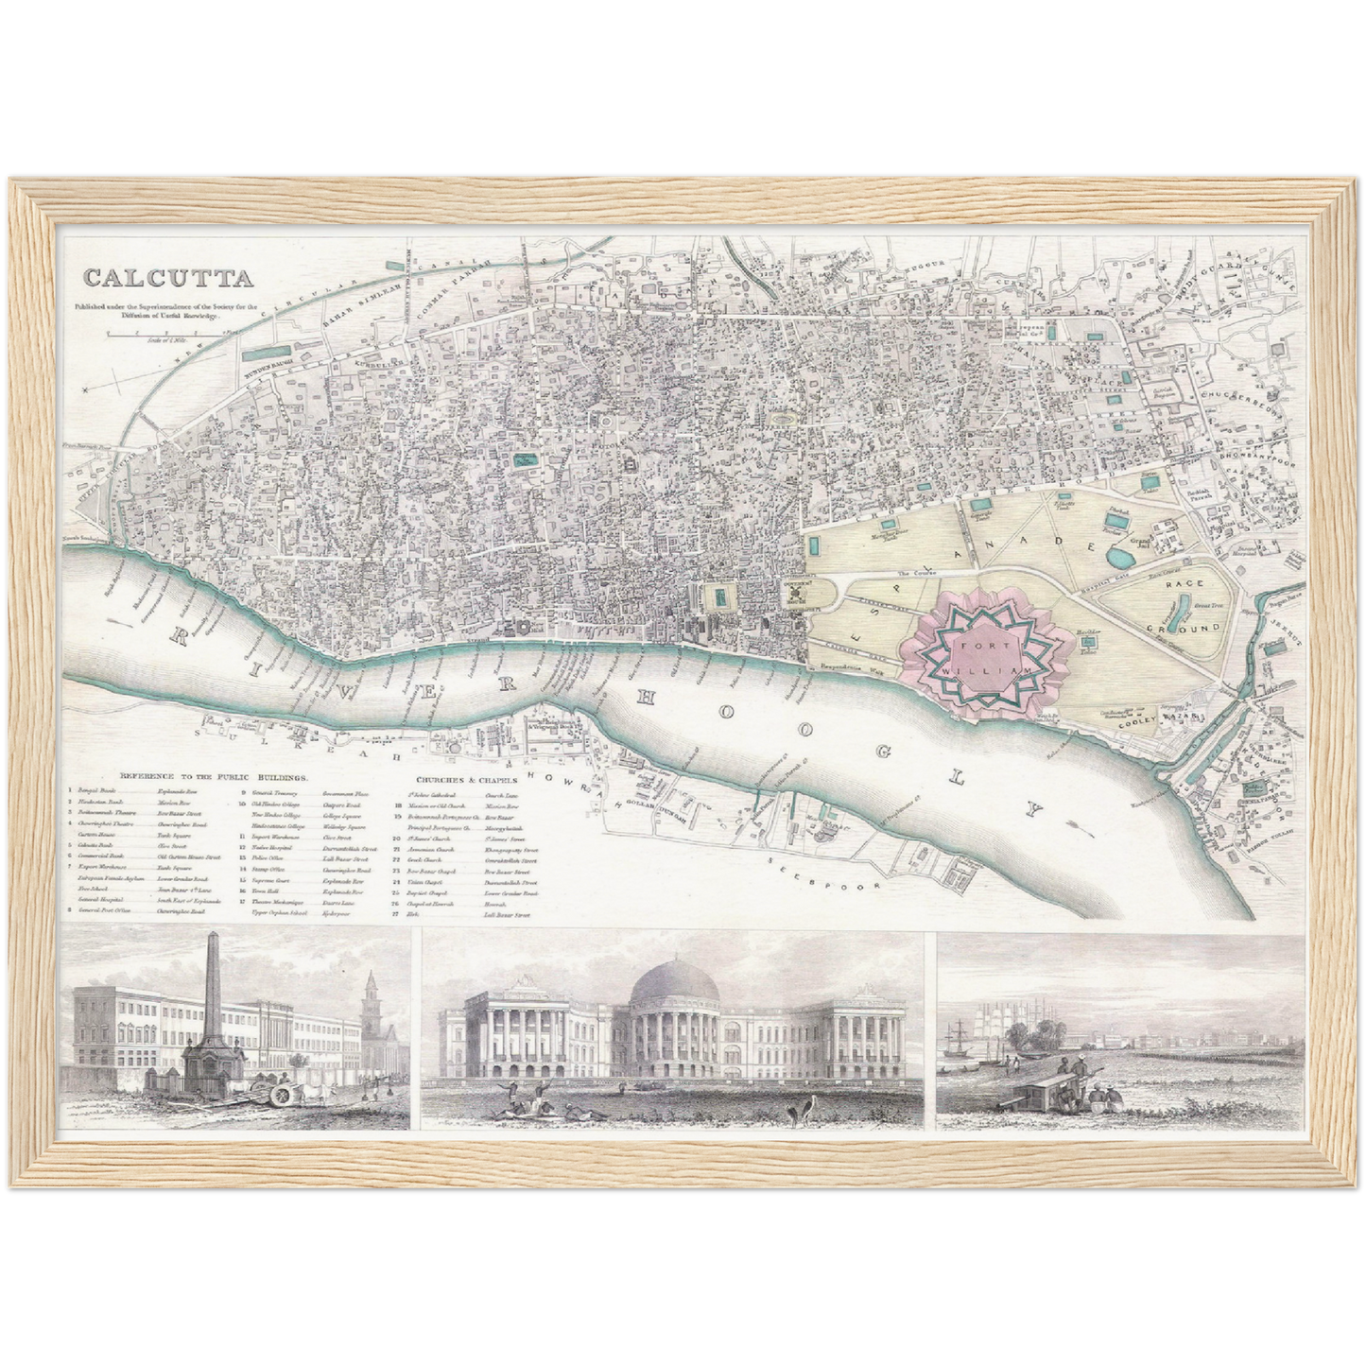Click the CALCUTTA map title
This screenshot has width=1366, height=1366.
click(167, 279)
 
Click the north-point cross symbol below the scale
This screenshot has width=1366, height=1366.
click(85, 388)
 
